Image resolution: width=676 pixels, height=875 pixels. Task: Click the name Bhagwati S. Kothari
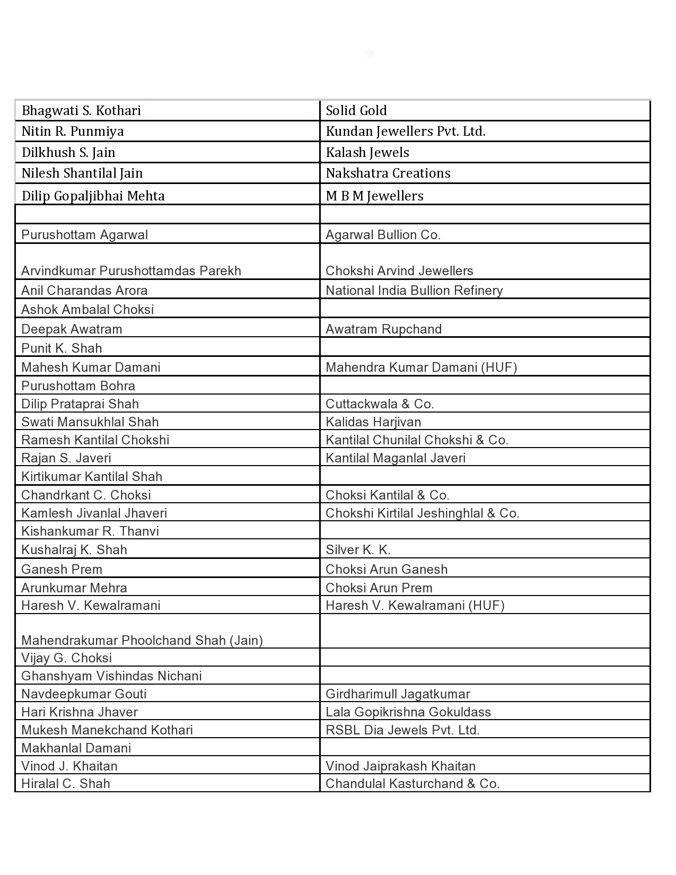(x=81, y=111)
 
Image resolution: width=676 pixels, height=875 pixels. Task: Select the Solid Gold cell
(x=356, y=111)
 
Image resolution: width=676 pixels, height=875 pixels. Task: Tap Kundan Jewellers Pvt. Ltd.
(x=406, y=132)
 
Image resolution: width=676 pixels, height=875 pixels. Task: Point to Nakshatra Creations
(x=388, y=173)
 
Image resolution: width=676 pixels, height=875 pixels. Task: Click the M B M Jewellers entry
(x=374, y=196)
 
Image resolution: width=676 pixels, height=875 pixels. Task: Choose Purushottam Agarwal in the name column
(x=84, y=235)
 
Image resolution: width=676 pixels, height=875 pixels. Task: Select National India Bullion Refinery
(x=414, y=291)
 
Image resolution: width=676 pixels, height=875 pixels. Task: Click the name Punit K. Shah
(x=62, y=348)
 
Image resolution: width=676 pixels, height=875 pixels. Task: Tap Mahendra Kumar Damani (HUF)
(x=421, y=367)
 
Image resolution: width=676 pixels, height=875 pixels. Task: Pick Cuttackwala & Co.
(x=380, y=404)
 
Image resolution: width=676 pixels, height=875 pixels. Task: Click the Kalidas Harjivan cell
(x=373, y=422)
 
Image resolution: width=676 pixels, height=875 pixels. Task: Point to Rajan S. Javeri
(x=66, y=458)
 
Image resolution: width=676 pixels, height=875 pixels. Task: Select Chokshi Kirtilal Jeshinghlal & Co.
(x=422, y=513)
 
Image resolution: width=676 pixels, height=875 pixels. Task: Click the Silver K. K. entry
(x=358, y=550)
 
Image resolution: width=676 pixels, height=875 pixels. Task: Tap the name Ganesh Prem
(x=62, y=570)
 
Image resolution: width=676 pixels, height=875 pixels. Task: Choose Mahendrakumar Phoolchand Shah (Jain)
(x=142, y=641)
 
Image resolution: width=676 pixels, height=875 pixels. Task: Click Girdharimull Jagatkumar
(x=398, y=694)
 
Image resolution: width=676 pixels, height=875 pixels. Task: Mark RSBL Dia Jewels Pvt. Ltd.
(x=402, y=730)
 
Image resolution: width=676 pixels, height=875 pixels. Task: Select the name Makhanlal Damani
(x=76, y=748)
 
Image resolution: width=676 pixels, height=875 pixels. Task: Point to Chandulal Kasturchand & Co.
(x=412, y=784)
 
